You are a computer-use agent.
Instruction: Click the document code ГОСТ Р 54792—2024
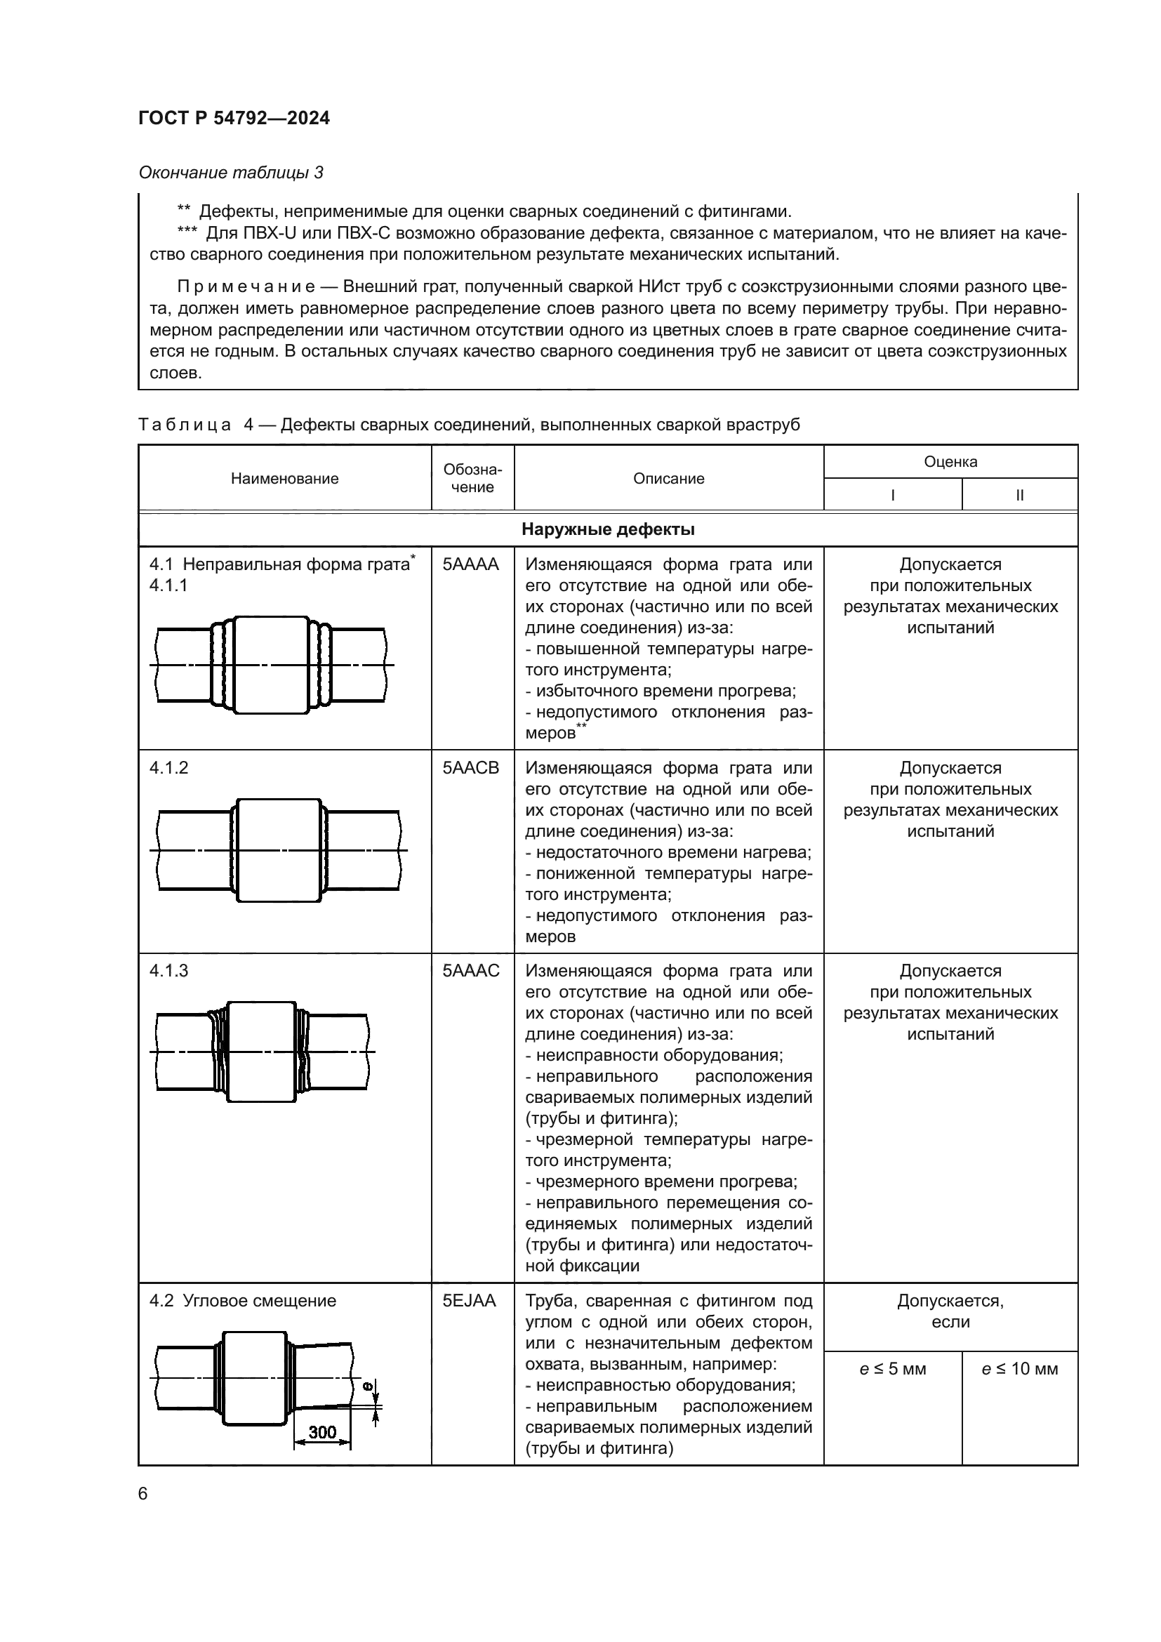[234, 118]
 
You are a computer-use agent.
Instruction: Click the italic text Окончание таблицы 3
[230, 173]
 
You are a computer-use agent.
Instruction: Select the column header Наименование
[284, 479]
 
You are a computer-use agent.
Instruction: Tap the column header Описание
[668, 479]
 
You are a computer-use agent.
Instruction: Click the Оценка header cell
[950, 461]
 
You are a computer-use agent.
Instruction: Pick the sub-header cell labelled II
[1019, 495]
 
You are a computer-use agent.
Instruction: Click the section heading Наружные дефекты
[608, 529]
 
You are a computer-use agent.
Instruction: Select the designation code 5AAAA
[470, 564]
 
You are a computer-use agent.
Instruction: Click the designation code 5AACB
[470, 767]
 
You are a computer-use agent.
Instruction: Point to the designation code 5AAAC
[470, 970]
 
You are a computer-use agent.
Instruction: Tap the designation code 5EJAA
[469, 1301]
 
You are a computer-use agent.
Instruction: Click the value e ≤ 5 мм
[892, 1369]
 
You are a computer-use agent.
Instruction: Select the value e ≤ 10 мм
[1019, 1369]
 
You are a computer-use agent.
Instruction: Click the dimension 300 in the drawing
[321, 1431]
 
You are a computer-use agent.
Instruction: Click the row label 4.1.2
[168, 767]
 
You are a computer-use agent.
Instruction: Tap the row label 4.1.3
[168, 970]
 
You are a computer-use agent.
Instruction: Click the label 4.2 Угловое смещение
[242, 1301]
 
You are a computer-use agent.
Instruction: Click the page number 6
[143, 1494]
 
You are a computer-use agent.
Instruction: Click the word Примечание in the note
[246, 288]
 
